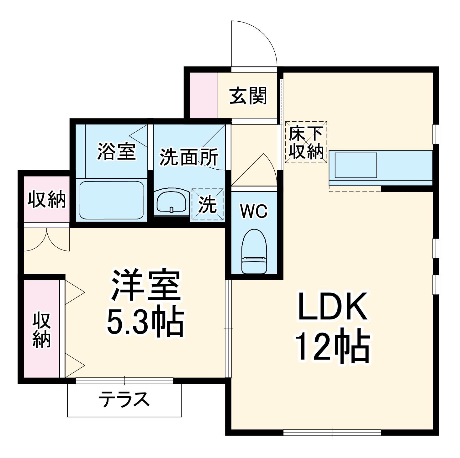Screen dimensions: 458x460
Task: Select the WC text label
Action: click(x=254, y=212)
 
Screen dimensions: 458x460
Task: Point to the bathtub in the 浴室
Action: click(x=111, y=200)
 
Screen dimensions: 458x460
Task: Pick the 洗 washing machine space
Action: click(x=208, y=204)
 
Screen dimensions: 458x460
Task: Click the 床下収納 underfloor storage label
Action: click(x=306, y=143)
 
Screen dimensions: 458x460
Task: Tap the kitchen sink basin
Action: click(x=356, y=165)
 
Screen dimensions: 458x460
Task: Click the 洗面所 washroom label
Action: click(x=189, y=157)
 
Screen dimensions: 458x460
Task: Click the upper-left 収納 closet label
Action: click(x=47, y=199)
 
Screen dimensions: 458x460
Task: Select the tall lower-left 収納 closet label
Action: click(x=42, y=329)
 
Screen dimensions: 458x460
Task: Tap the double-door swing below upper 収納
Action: click(x=47, y=240)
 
